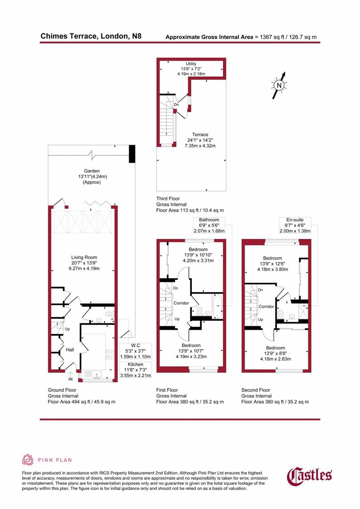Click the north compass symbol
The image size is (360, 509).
pyautogui.click(x=279, y=85)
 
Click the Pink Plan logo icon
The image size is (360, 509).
pyautogui.click(x=28, y=460)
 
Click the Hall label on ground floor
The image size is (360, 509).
pyautogui.click(x=70, y=350)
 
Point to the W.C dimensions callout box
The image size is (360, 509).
pyautogui.click(x=135, y=351)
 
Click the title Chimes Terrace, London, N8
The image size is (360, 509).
pyautogui.click(x=90, y=36)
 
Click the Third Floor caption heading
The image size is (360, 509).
pyautogui.click(x=168, y=199)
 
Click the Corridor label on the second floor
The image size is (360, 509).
pyautogui.click(x=266, y=306)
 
